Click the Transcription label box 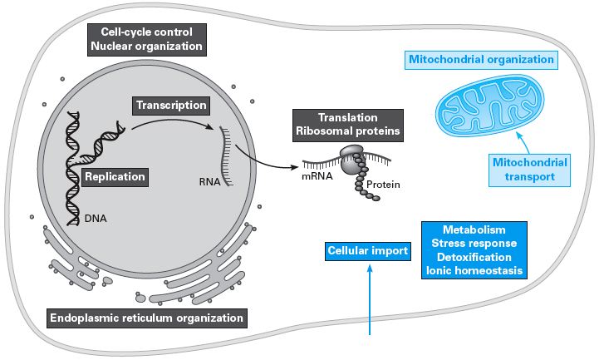[169, 106]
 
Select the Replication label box [115, 176]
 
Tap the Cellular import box [366, 249]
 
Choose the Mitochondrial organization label [481, 60]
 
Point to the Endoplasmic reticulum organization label [145, 318]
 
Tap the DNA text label [95, 219]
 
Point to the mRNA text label [317, 176]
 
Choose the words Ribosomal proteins [347, 131]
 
